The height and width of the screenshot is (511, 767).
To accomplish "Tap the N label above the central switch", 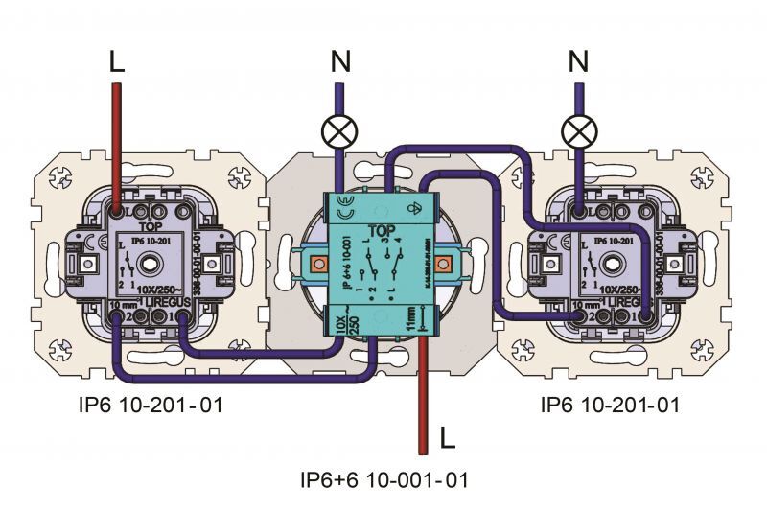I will tap(339, 63).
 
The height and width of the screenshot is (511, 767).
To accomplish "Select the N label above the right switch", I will tap(577, 63).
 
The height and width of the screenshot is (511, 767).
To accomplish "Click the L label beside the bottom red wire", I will tap(447, 438).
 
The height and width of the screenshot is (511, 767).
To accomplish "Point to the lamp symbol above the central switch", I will tap(338, 130).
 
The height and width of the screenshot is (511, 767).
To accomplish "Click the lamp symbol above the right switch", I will tap(577, 130).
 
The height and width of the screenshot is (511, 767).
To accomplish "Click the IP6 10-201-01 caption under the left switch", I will tap(151, 406).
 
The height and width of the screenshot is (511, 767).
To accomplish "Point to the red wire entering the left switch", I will tap(117, 144).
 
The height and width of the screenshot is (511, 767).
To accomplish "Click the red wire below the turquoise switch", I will tap(422, 403).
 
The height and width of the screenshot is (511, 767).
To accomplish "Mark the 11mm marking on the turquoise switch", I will tap(411, 318).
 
